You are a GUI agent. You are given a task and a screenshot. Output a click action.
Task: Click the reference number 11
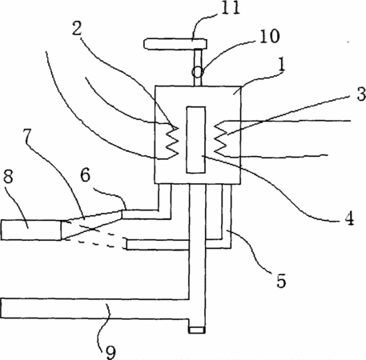coord(231,7)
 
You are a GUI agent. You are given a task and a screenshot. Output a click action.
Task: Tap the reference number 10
coord(270,36)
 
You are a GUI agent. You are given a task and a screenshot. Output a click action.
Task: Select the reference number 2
coord(77,29)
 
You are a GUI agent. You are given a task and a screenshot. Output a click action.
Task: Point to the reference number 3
coord(361,94)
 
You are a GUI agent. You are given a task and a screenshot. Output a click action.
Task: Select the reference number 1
coord(281,65)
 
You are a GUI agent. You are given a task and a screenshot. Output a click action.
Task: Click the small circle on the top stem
coord(198,72)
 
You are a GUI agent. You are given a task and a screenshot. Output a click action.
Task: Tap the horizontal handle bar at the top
coord(175,44)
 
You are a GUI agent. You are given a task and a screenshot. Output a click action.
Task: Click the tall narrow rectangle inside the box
coord(196,140)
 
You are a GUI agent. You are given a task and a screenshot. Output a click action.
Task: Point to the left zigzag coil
coord(170,141)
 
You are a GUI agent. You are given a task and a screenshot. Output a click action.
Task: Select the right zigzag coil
coord(221,138)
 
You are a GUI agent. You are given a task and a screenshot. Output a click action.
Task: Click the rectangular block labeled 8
coord(31,230)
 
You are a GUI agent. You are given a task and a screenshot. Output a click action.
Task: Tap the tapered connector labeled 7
coord(92,225)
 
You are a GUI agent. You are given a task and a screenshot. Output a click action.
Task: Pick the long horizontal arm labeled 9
coord(95,308)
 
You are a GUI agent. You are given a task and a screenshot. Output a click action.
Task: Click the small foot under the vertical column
coord(197,330)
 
